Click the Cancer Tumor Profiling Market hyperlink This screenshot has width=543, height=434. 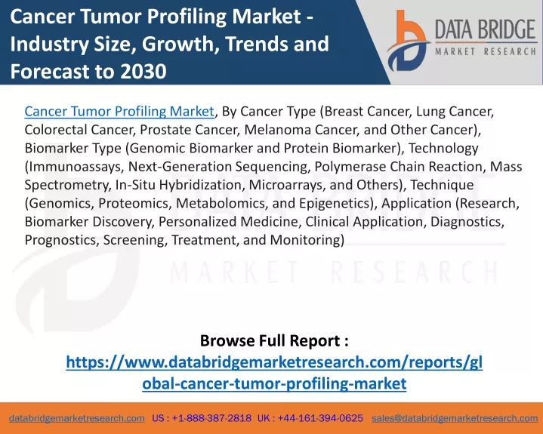point(119,112)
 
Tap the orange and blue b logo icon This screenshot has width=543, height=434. point(409,41)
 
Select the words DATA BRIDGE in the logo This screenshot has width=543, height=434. point(485,29)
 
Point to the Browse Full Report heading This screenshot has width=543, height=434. point(274,340)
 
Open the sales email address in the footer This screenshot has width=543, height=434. point(455,418)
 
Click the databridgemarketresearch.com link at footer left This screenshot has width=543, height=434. point(77,418)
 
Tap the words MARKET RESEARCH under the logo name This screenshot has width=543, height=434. point(485,52)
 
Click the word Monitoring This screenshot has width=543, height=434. point(305,240)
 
